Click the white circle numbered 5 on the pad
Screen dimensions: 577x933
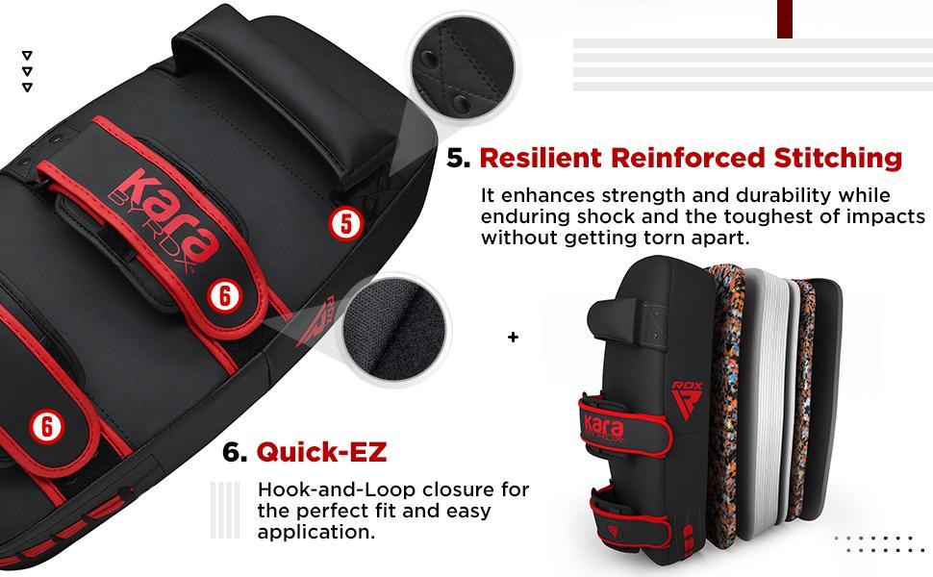pos(346,224)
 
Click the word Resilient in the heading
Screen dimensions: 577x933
pos(538,157)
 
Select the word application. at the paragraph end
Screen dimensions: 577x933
pos(316,532)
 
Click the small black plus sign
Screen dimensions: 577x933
pos(514,338)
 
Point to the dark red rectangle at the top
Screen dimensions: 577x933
pos(784,18)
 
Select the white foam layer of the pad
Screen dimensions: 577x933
pos(760,385)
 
